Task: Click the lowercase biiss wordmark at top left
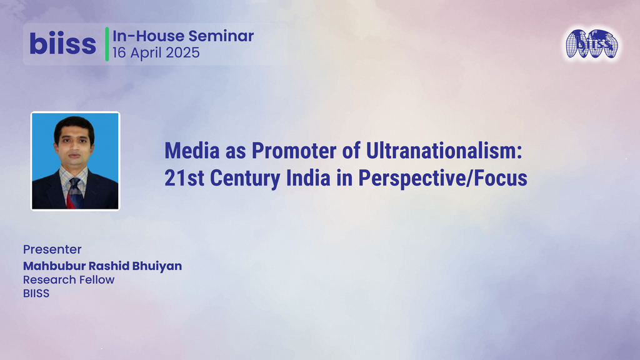tap(62, 44)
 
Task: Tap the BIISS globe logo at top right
tap(591, 44)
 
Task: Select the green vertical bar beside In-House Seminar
tap(107, 44)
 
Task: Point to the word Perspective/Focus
tap(442, 178)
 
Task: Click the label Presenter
tap(52, 250)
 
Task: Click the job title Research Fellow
tap(69, 279)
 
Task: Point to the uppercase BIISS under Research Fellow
tap(36, 292)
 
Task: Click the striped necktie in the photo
tap(74, 191)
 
